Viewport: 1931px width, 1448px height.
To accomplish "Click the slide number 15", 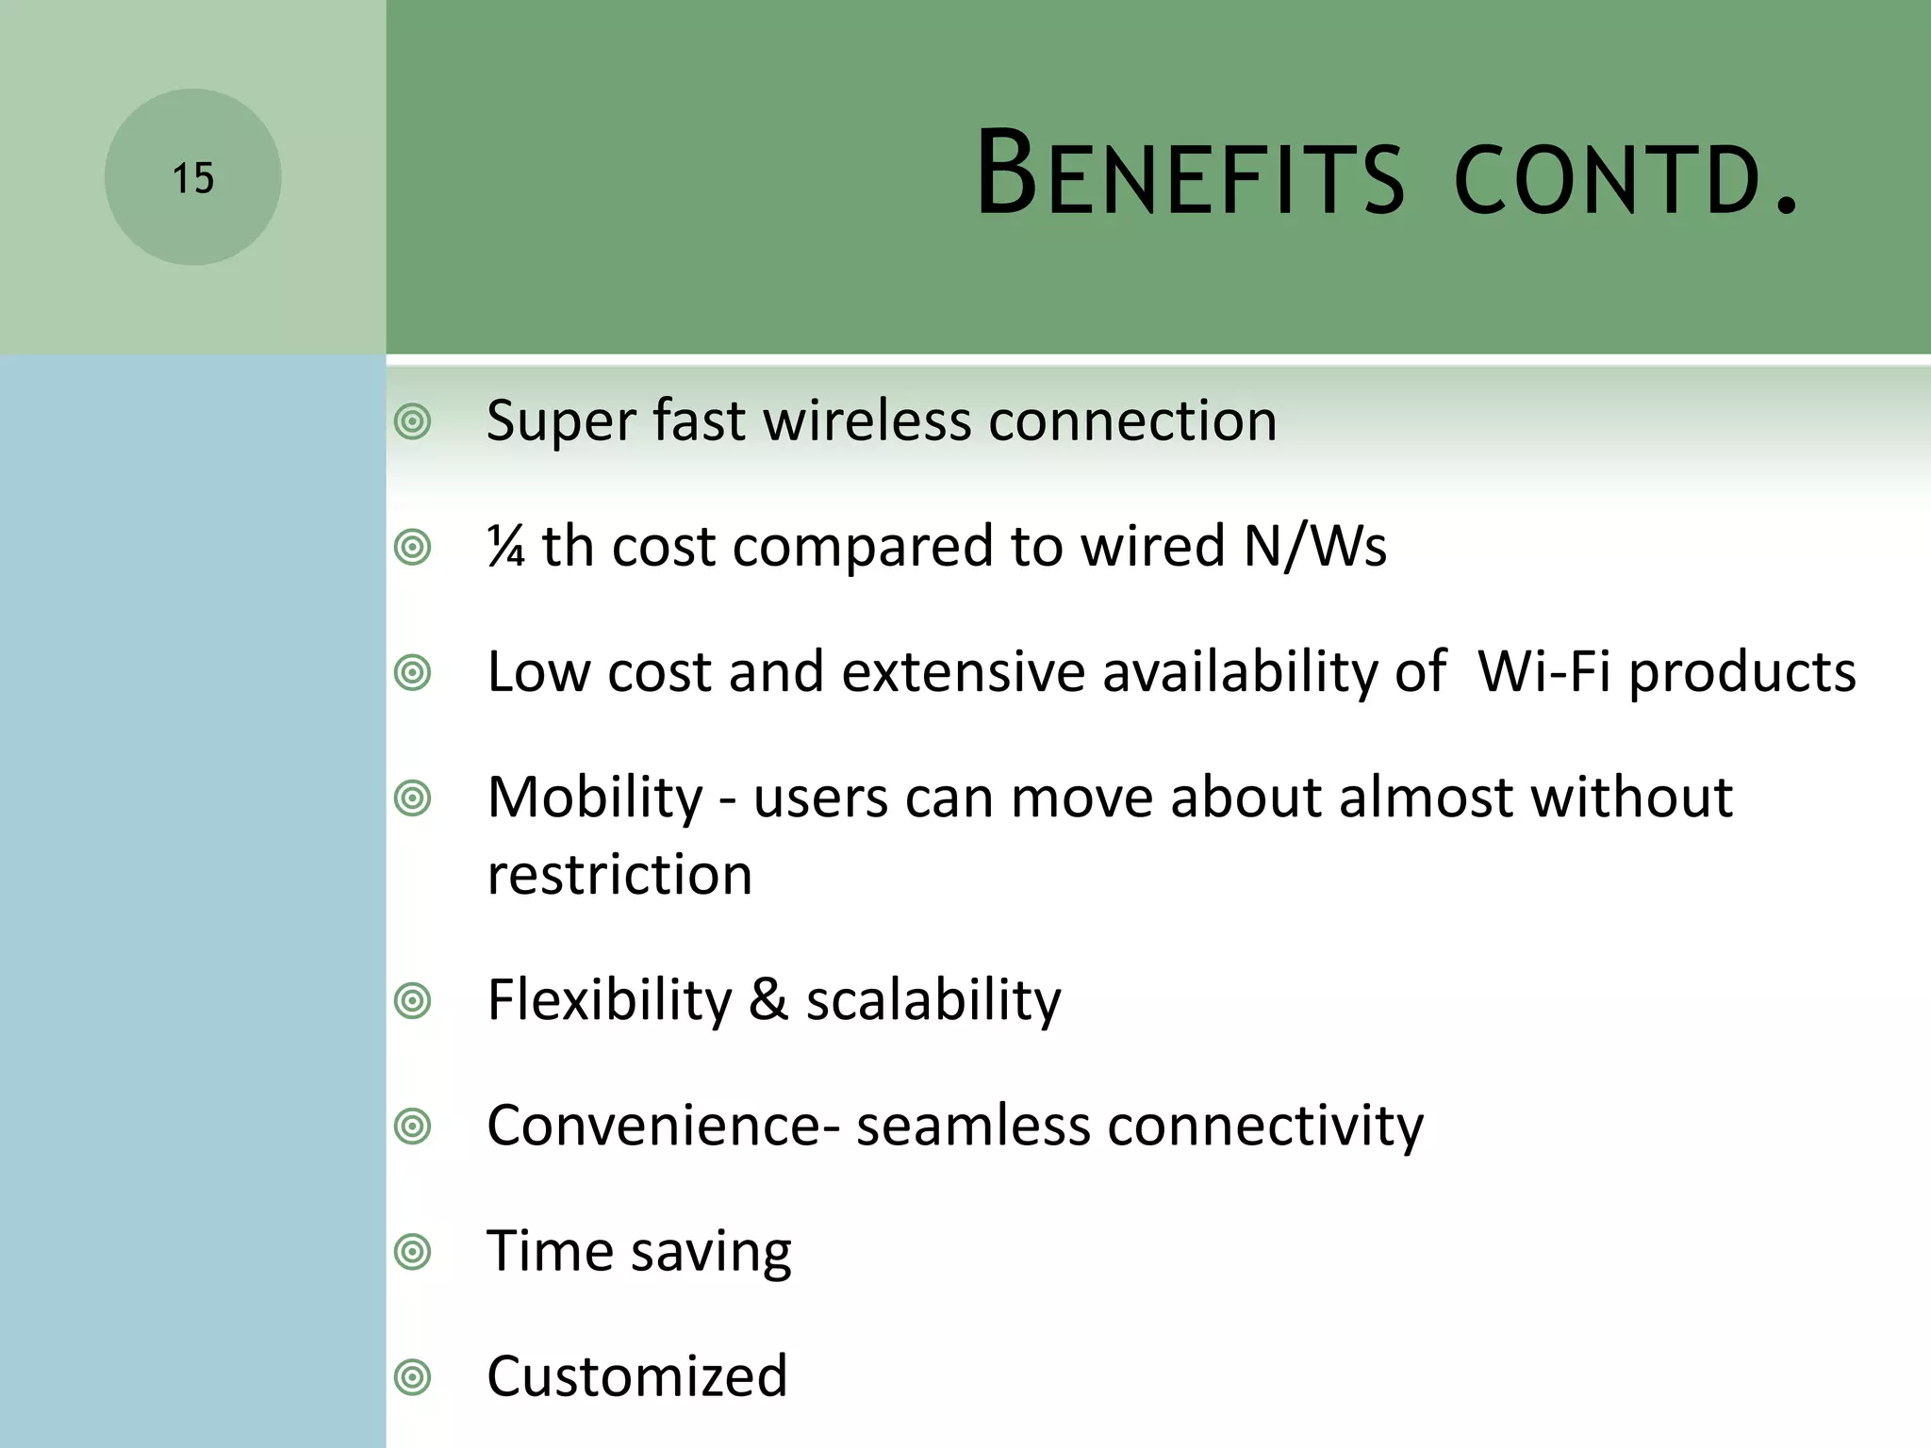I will point(193,178).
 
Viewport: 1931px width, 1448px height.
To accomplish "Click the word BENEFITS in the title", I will point(1190,175).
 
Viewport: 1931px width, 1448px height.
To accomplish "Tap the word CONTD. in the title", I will point(1626,179).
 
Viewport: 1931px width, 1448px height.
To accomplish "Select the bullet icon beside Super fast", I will point(413,421).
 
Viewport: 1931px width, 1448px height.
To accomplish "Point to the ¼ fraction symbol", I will point(506,546).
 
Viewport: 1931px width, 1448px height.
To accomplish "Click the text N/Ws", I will point(1314,546).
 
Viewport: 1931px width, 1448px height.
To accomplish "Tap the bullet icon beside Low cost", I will point(413,673).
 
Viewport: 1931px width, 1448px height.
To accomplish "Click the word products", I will point(1742,674).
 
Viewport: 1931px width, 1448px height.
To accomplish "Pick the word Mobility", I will point(595,798).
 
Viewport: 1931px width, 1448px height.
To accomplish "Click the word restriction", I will point(619,875).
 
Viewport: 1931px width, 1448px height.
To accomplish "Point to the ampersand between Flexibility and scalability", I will point(768,999).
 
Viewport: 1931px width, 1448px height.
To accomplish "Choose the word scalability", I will point(932,1000).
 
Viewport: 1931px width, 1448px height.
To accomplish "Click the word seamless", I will point(972,1126).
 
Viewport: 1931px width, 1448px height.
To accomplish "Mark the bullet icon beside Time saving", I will point(413,1252).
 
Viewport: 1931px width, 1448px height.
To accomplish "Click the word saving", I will point(711,1253).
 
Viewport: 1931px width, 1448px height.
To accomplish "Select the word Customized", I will point(636,1376).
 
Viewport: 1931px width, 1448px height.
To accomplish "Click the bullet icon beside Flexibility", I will point(413,1000).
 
